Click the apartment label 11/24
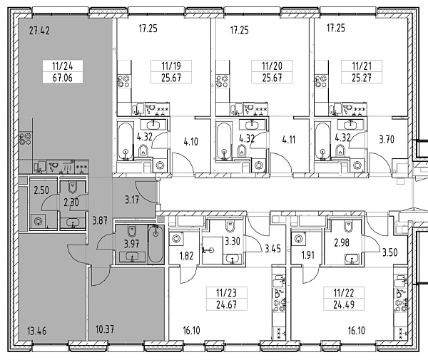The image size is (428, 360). pos(63,66)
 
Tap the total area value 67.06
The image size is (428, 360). pos(63,78)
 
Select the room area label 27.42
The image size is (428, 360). pos(39,31)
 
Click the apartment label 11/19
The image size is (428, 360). pos(171,66)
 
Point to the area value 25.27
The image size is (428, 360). pos(362,78)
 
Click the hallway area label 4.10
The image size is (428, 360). pos(190,142)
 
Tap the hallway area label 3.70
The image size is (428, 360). pos(387,139)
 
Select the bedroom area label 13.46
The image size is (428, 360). pos(37,331)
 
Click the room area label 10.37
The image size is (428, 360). pos(105,329)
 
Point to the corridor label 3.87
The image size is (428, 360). pos(100,220)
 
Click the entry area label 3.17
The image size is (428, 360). pos(132,200)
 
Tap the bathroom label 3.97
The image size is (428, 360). pos(131,244)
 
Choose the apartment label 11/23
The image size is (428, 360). pos(226,293)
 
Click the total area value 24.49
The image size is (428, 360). pos(344,304)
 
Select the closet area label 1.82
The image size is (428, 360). pos(186,255)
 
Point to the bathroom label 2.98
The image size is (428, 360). pos(342,242)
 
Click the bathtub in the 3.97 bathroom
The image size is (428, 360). pos(156,245)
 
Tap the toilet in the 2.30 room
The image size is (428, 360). pos(73,187)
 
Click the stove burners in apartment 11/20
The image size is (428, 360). pos(222,81)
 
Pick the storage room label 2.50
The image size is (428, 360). pos(41,190)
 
